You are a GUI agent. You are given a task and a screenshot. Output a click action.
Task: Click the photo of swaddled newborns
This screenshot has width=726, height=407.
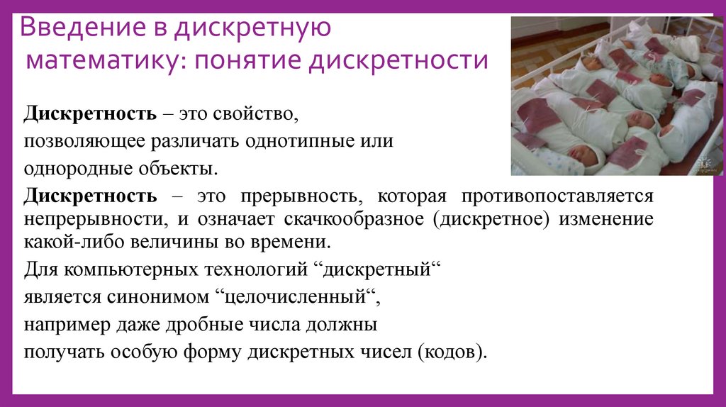coord(617,95)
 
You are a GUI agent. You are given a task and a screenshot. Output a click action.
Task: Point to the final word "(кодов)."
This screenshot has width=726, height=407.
coord(453,352)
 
